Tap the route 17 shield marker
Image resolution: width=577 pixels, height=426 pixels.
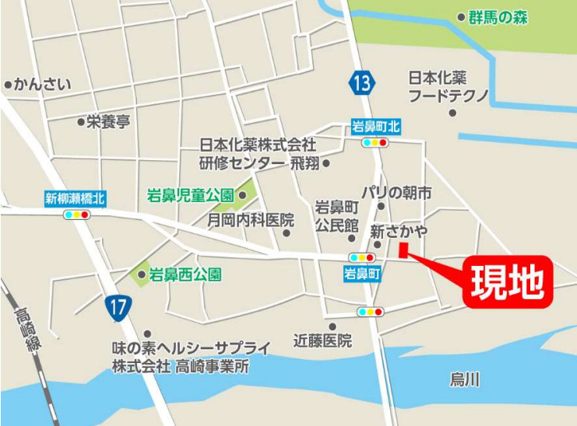click(x=117, y=308)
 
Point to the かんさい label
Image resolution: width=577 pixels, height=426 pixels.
click(x=43, y=84)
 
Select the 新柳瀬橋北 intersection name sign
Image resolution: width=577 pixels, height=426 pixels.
click(x=75, y=199)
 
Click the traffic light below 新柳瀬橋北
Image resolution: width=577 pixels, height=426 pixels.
click(x=78, y=214)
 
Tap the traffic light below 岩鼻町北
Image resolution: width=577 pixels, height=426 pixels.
click(x=375, y=143)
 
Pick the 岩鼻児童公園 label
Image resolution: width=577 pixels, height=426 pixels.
click(x=191, y=195)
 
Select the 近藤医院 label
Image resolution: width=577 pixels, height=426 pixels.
click(x=322, y=340)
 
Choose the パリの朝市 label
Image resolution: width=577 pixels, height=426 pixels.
click(x=396, y=192)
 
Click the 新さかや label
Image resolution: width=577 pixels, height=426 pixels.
click(x=398, y=231)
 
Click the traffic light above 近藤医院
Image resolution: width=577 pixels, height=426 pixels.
click(x=370, y=312)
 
